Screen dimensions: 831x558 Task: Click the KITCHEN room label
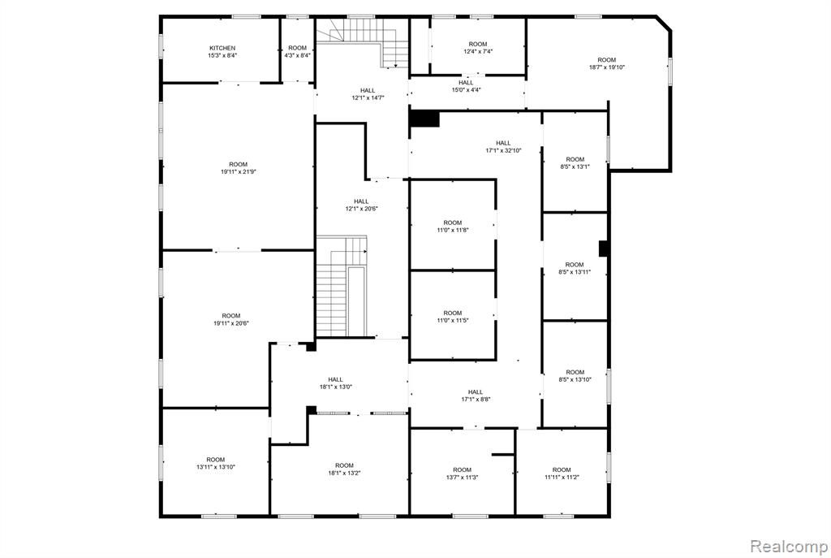(x=222, y=51)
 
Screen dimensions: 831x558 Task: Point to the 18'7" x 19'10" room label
(x=607, y=63)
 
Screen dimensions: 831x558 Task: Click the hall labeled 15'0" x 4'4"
(x=466, y=86)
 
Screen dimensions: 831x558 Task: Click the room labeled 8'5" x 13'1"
(x=575, y=162)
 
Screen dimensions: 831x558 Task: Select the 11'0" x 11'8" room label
(x=453, y=227)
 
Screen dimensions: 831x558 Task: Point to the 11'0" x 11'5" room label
(x=453, y=317)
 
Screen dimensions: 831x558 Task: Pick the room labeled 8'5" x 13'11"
(x=575, y=268)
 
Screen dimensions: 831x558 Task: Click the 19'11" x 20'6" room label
(x=231, y=319)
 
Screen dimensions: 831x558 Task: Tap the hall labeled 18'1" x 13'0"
(x=335, y=383)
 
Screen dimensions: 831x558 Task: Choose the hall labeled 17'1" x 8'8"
(x=476, y=396)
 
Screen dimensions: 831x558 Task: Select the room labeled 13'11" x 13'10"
(x=216, y=463)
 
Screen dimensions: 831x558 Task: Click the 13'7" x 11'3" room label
(x=462, y=474)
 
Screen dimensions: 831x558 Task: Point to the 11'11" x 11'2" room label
(x=562, y=474)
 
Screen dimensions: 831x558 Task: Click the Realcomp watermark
(x=789, y=546)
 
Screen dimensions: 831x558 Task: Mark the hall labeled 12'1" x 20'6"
(x=361, y=205)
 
